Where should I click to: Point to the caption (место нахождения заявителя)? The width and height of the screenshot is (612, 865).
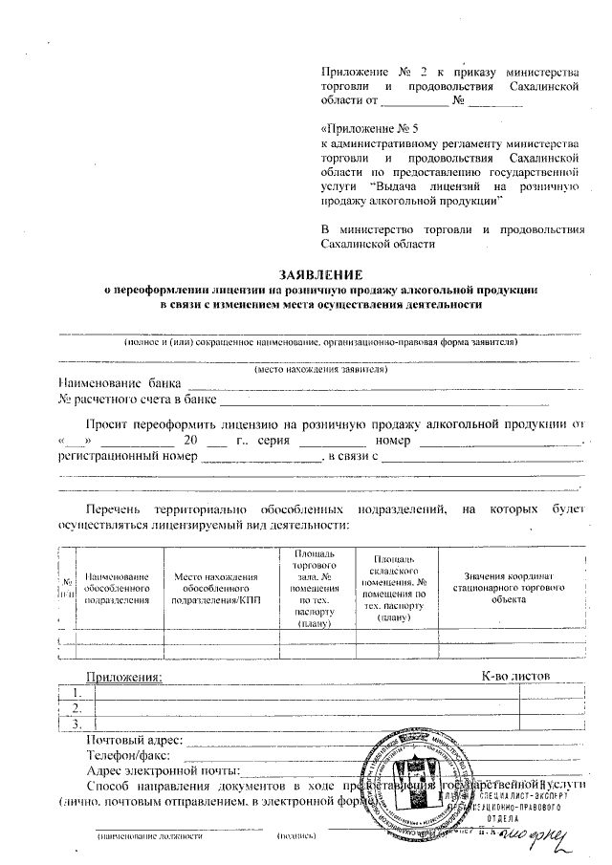319,368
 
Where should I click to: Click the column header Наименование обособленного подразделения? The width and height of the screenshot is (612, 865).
118,588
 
